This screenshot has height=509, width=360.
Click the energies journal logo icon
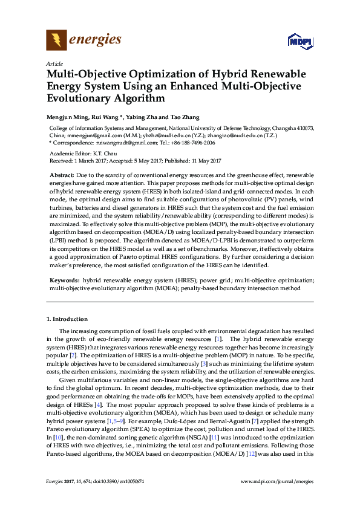pyautogui.click(x=56, y=41)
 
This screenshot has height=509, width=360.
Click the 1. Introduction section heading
pyautogui.click(x=67, y=319)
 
